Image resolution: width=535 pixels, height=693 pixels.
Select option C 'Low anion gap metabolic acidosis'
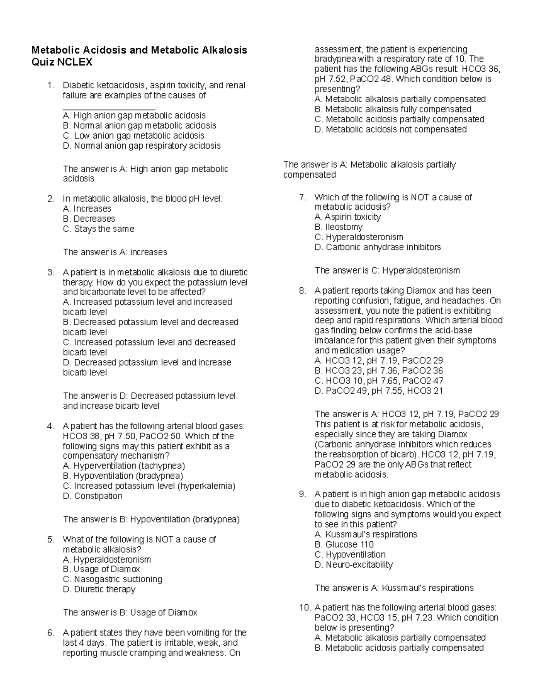click(x=133, y=136)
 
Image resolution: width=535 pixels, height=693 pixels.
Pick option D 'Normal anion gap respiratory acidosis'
click(x=141, y=146)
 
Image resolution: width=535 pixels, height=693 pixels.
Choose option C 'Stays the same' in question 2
click(x=99, y=229)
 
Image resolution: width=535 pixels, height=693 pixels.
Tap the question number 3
click(x=50, y=273)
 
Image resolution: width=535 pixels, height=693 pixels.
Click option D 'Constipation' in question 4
click(x=93, y=496)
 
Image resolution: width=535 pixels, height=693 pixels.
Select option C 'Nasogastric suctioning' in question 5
click(x=112, y=579)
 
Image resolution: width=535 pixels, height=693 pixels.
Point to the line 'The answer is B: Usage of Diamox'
click(x=130, y=613)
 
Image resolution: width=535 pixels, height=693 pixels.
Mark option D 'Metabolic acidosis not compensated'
click(x=391, y=129)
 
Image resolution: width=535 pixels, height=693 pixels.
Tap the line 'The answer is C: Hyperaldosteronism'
click(x=387, y=270)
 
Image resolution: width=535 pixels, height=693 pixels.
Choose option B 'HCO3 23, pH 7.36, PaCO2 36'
click(x=379, y=371)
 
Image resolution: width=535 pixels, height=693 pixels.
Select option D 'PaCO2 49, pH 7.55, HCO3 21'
click(x=379, y=391)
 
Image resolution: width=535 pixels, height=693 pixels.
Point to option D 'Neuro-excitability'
click(x=354, y=565)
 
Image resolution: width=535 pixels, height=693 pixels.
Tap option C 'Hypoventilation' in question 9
click(x=350, y=555)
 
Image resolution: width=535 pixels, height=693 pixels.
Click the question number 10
click(x=304, y=608)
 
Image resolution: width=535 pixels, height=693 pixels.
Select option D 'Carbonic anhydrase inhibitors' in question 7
click(x=378, y=247)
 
